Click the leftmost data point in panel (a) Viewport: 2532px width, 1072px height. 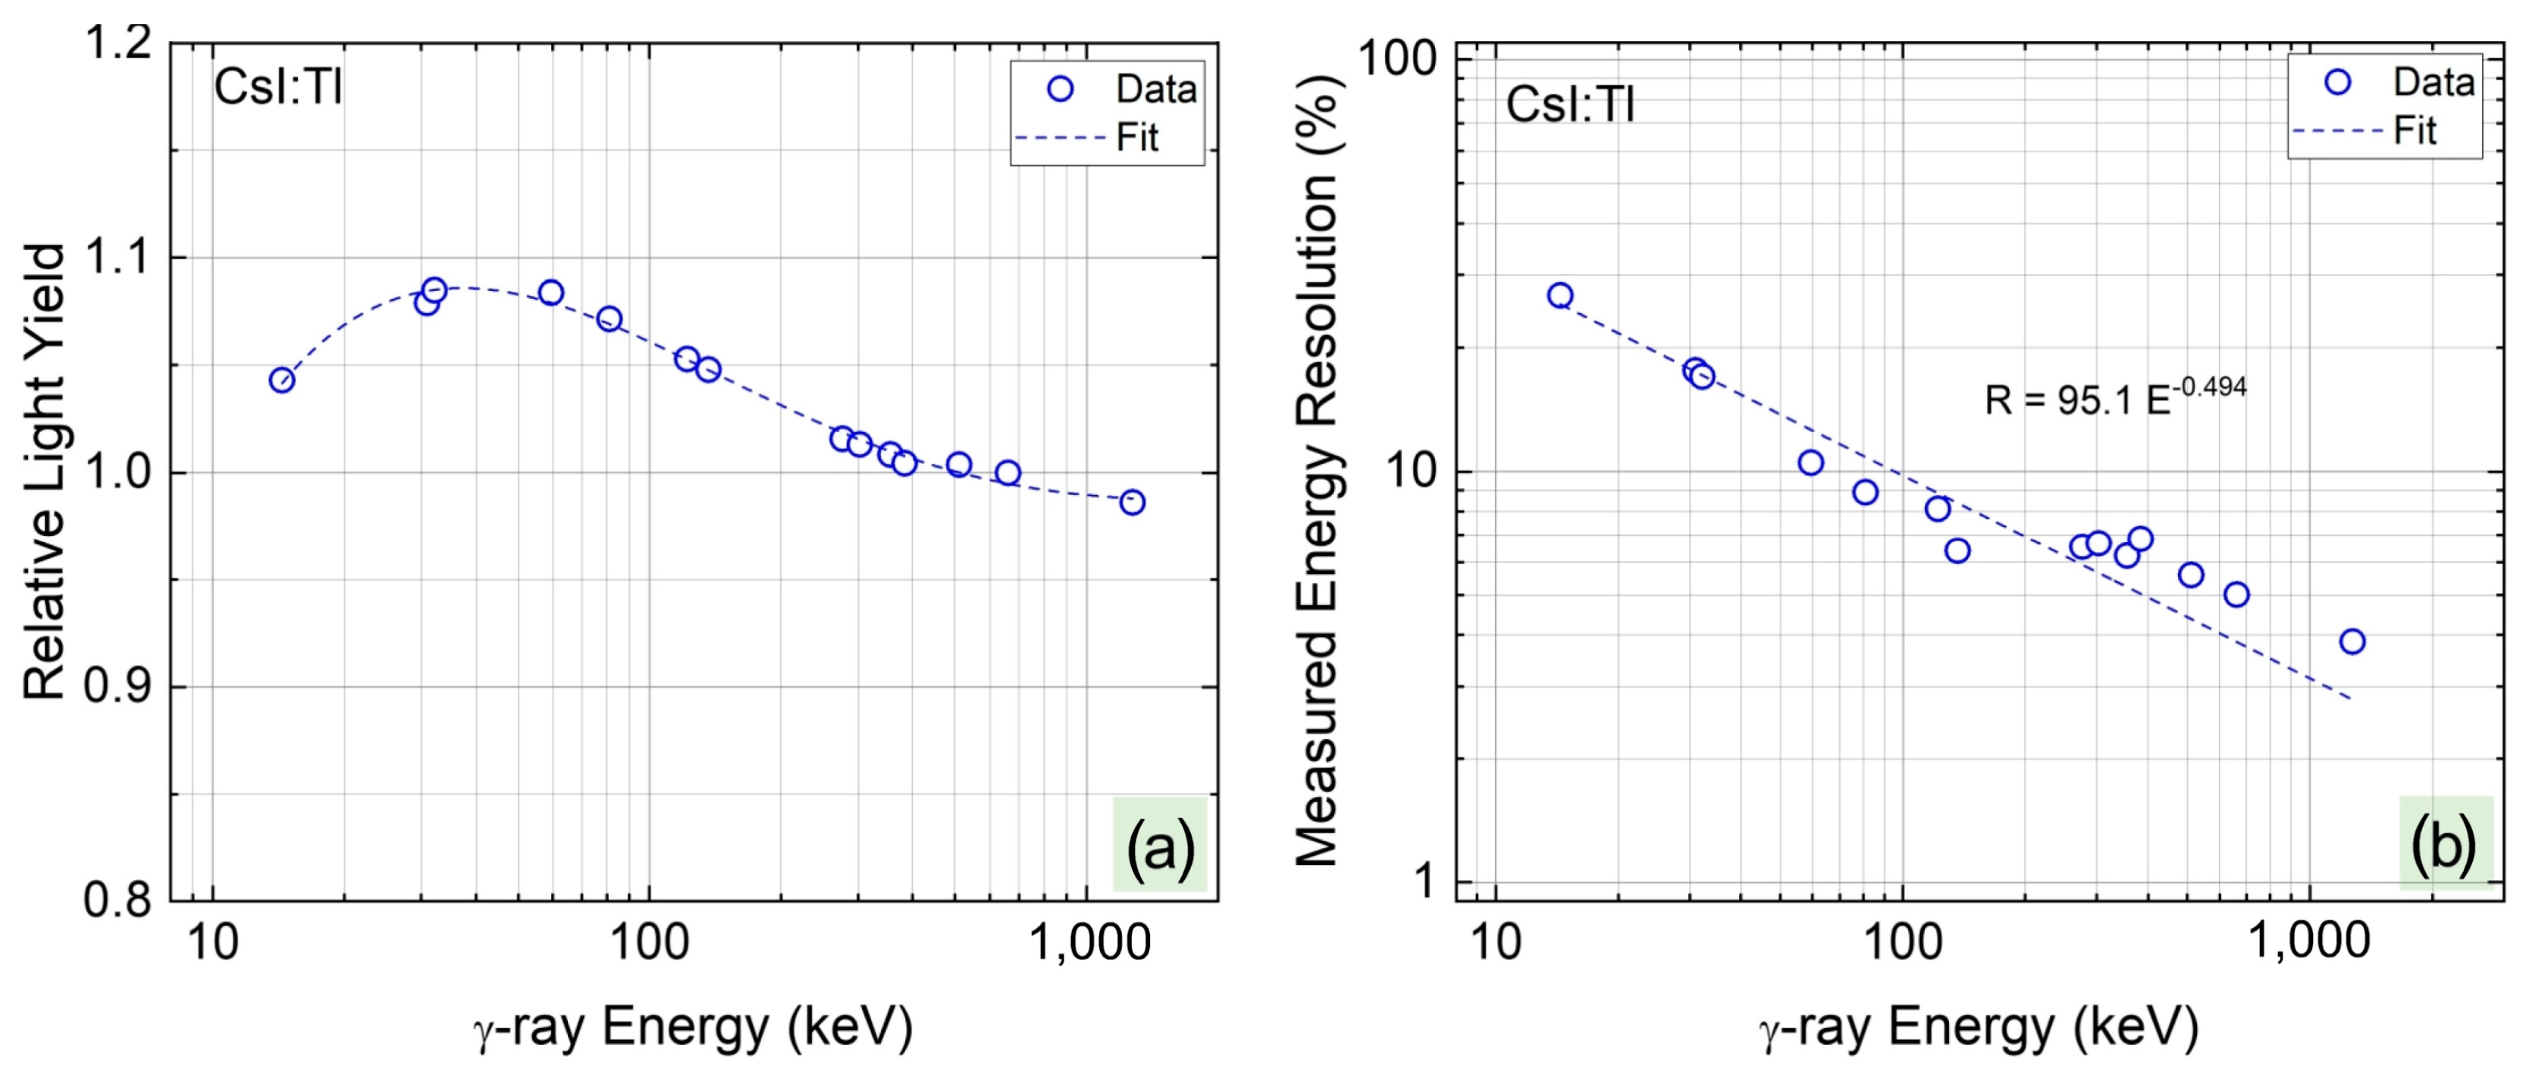[x=282, y=381]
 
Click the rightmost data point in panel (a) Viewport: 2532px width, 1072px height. [x=1133, y=502]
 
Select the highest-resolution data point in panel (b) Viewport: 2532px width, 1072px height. [x=1560, y=296]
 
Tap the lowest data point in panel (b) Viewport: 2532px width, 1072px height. [x=2352, y=641]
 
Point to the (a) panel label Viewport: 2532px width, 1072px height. [x=1160, y=845]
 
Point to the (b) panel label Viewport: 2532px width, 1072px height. [x=2446, y=844]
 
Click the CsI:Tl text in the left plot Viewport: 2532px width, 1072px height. [x=278, y=87]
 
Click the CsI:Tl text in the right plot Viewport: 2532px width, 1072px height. [x=1570, y=103]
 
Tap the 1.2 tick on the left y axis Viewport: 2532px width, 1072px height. [x=120, y=44]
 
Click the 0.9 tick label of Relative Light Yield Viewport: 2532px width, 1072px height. [x=120, y=687]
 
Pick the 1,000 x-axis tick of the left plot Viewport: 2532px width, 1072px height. [x=1088, y=942]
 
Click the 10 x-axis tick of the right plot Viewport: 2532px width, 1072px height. [x=1495, y=942]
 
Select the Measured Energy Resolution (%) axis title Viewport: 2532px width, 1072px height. [x=1317, y=472]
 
